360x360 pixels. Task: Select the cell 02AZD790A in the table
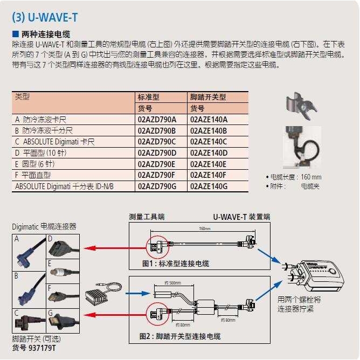point(161,119)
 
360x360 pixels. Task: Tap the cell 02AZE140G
point(209,186)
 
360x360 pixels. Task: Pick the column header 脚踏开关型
point(208,97)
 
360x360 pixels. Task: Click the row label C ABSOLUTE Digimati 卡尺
point(55,142)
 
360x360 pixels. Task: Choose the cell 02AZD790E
point(161,164)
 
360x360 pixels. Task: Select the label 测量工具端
point(147,217)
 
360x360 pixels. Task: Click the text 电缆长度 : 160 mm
point(294,177)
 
